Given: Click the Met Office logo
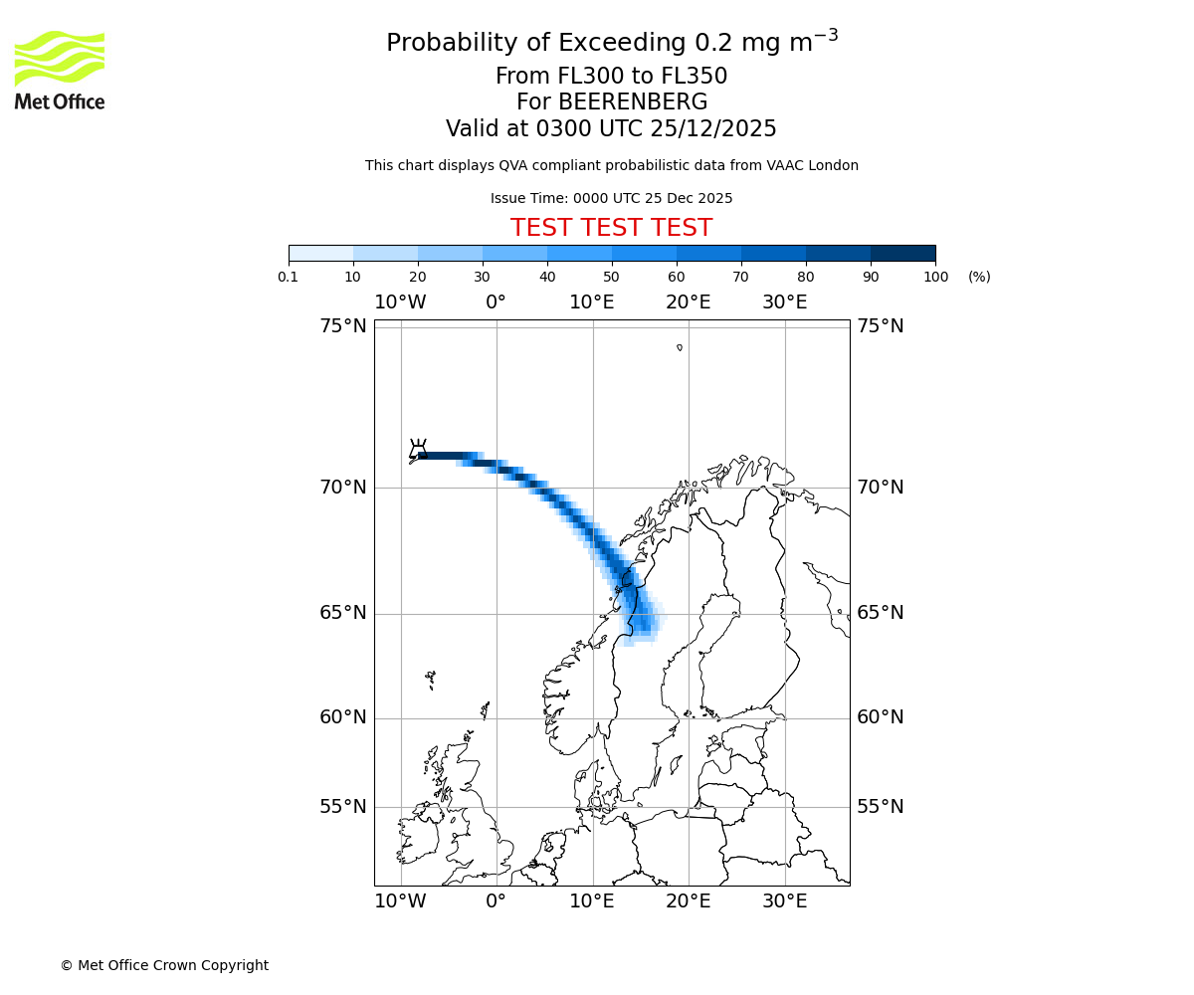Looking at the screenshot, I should click(x=60, y=70).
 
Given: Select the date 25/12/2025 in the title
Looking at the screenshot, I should click(x=713, y=129).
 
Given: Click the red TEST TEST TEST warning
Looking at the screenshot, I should click(x=611, y=228).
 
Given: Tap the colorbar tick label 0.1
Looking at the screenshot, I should click(x=289, y=277).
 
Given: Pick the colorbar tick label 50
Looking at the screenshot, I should click(x=612, y=277).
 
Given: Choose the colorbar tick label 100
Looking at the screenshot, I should click(x=935, y=277).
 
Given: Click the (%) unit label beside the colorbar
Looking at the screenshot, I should click(x=979, y=277).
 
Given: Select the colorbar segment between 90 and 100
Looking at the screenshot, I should click(x=902, y=253).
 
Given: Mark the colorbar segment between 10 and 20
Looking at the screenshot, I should click(x=385, y=253).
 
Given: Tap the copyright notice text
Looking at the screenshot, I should click(x=164, y=965).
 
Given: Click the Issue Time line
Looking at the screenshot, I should click(x=611, y=199).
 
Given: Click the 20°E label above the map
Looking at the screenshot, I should click(x=689, y=302).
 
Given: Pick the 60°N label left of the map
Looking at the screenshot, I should click(x=343, y=717).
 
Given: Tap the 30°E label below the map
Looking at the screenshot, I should click(x=785, y=901).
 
